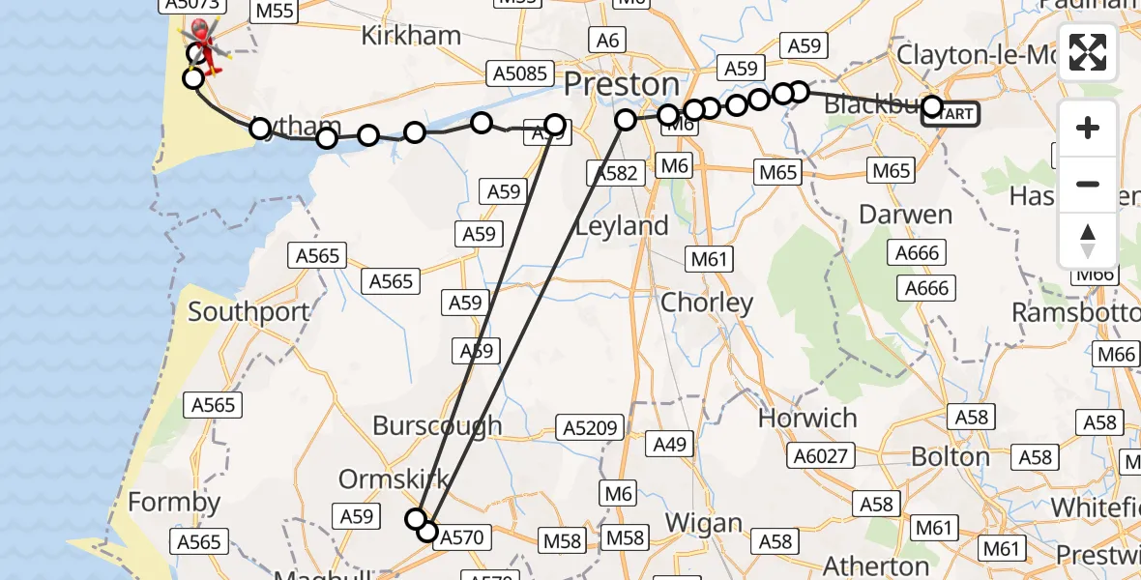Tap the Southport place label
pos(249,312)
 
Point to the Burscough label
pos(437,425)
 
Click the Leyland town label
pos(622,226)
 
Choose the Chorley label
pos(707,303)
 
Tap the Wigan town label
pos(703,525)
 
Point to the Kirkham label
pos(410,37)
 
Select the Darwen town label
pos(905,214)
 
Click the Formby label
pos(174,503)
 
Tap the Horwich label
pos(807,419)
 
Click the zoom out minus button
pos(1088,184)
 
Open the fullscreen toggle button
pos(1088,53)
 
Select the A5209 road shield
pos(587,427)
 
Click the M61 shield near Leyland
pos(710,259)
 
